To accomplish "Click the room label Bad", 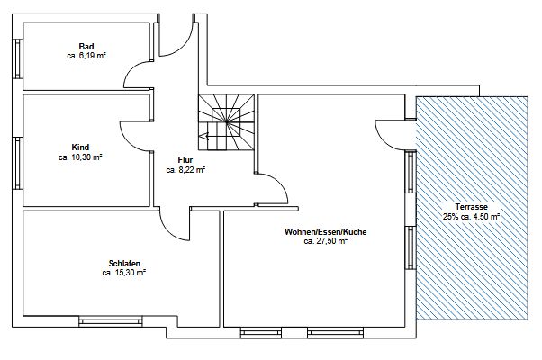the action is (86, 46).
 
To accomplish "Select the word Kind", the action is (80, 148).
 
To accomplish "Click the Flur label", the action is (185, 160).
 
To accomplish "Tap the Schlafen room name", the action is (124, 264).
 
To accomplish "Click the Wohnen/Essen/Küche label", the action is (326, 232).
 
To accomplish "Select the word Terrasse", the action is (472, 207).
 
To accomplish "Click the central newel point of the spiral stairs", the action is (226, 121).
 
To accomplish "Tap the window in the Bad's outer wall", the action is (17, 58).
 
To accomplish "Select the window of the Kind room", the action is (17, 164).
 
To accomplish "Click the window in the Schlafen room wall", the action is (111, 322).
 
